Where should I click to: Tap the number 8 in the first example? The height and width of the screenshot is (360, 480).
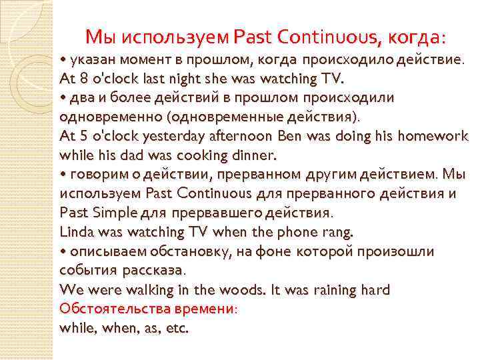pos(82,79)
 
